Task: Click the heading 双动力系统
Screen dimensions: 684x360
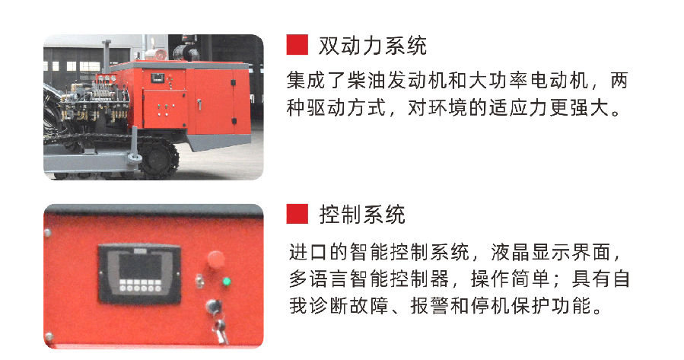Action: click(373, 46)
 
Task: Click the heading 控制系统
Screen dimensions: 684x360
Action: click(362, 215)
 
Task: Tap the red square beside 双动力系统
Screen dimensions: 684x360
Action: click(297, 45)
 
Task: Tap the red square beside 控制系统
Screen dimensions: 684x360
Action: click(297, 214)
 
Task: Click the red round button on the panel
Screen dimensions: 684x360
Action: click(216, 259)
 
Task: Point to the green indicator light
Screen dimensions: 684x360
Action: click(226, 282)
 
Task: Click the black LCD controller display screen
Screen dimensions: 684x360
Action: click(140, 266)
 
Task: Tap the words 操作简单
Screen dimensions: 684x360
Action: click(509, 279)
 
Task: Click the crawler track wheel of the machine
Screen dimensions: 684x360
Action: click(159, 158)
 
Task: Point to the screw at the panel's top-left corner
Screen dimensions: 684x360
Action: click(47, 233)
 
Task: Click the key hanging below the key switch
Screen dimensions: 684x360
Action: click(221, 332)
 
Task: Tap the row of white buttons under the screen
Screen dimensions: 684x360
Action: click(140, 288)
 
